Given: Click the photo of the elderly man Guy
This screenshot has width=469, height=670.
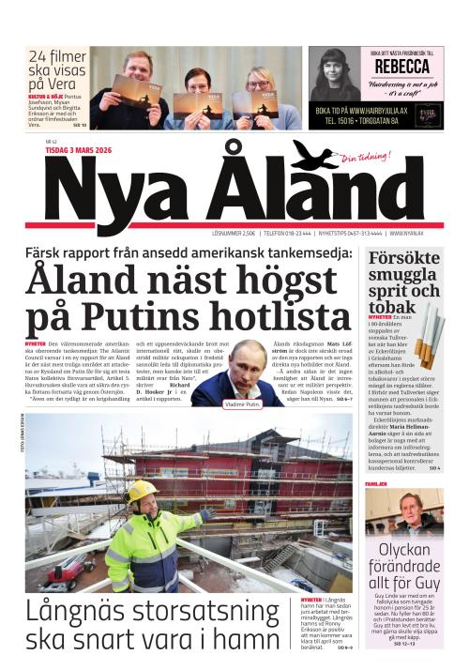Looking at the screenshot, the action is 405,511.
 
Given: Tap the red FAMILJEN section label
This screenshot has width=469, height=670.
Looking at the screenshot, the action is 376,482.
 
